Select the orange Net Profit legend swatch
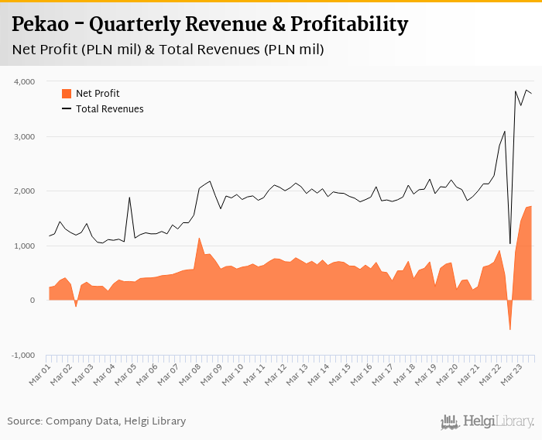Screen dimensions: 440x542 (67, 94)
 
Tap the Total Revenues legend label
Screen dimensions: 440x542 (109, 109)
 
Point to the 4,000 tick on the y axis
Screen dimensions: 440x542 (24, 81)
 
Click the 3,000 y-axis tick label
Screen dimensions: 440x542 (24, 137)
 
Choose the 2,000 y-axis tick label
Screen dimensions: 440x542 (24, 191)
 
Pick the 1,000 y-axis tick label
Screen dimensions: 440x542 (24, 246)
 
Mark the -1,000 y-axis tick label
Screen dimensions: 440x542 (22, 356)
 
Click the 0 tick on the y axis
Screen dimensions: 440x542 (33, 301)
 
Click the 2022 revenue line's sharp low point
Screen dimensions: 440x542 (509, 244)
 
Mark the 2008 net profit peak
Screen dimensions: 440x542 (199, 238)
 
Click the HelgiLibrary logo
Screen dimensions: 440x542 (487, 421)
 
